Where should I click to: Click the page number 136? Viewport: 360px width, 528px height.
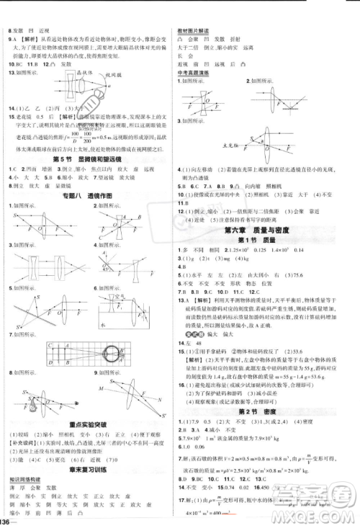pyautogui.click(x=9, y=521)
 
